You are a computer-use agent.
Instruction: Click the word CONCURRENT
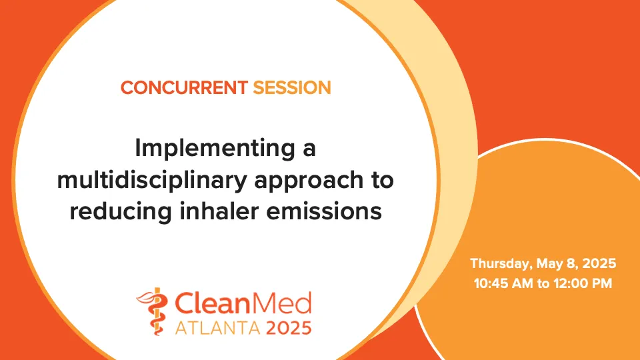184,87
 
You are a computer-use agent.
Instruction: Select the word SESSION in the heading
291,87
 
